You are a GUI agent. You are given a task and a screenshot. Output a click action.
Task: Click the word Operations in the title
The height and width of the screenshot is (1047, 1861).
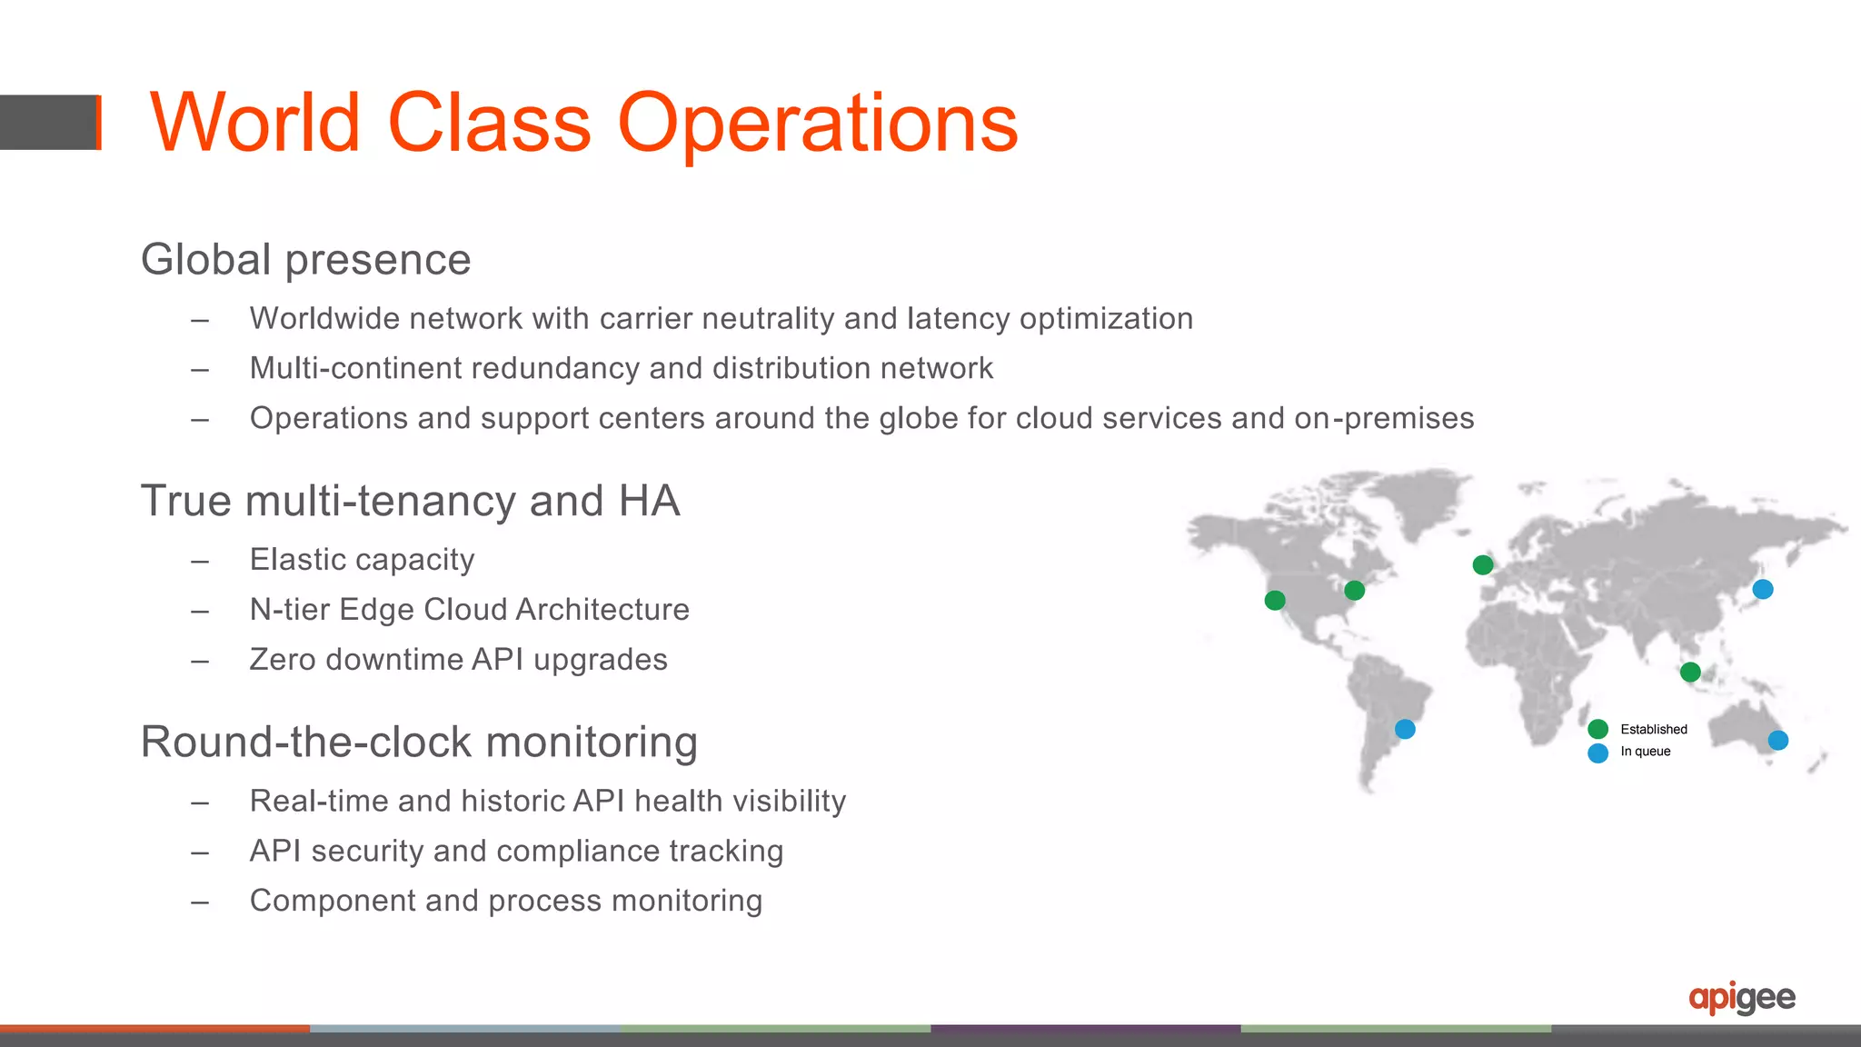(x=817, y=124)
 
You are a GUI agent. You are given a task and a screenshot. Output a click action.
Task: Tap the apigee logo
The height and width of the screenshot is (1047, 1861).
(x=1741, y=998)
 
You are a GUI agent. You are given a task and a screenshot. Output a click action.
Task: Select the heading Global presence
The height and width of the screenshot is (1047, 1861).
(x=305, y=260)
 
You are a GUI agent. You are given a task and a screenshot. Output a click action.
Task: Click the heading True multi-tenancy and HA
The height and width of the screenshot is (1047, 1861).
(x=410, y=501)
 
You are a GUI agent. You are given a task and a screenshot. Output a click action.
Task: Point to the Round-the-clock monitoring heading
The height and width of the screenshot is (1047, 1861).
(x=419, y=742)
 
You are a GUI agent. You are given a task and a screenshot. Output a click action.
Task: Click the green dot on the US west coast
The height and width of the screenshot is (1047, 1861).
(x=1275, y=601)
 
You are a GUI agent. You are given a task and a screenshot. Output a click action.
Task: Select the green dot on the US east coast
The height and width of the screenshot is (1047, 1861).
(x=1354, y=591)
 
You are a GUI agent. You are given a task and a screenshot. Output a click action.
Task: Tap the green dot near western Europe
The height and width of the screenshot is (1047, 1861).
(x=1483, y=565)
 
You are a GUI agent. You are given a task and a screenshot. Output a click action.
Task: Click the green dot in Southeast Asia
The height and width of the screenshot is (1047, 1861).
(x=1690, y=673)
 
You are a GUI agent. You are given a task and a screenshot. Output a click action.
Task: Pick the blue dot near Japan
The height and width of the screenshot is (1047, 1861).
(x=1763, y=589)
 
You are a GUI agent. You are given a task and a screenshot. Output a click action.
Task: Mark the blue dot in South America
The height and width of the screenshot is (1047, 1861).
(x=1405, y=729)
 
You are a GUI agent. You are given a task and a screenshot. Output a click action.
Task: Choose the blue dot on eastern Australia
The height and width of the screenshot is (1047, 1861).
(x=1778, y=741)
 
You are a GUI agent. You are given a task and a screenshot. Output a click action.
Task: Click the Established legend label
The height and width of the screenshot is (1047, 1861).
(x=1653, y=729)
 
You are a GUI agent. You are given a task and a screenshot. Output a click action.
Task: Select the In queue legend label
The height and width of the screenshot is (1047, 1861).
(x=1645, y=752)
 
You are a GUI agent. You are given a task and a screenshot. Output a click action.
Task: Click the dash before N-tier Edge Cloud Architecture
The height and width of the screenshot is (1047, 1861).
(x=200, y=611)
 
